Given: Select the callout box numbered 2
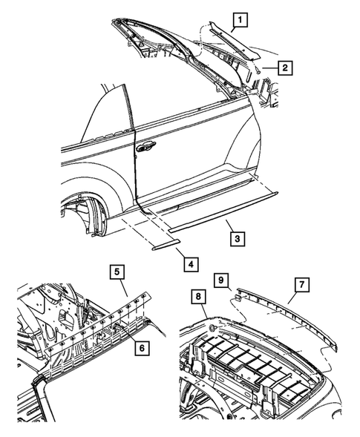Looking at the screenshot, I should coord(284,69).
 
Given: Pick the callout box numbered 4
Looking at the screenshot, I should coord(190,263).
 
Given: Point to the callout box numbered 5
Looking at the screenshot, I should coord(118,272).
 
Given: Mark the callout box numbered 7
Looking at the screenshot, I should coord(301,284).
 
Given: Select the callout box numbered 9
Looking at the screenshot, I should coord(221,280).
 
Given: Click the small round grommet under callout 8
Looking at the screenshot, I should coord(212,327).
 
